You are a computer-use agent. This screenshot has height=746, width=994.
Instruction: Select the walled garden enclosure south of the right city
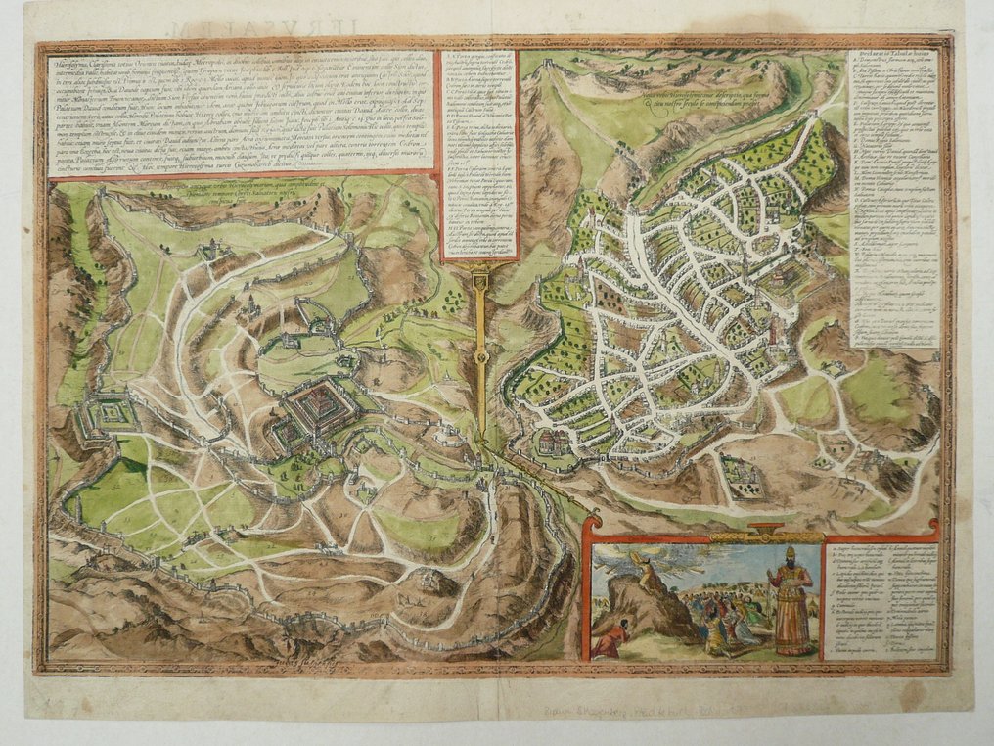(x=741, y=476)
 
